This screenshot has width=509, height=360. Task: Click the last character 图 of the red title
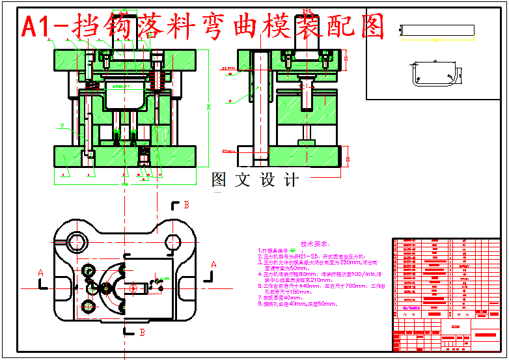pyautogui.click(x=372, y=27)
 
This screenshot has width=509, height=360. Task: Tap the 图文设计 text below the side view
pyautogui.click(x=255, y=180)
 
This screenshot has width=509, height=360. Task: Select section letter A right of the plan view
pyautogui.click(x=213, y=264)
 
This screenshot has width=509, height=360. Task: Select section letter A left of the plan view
pyautogui.click(x=41, y=272)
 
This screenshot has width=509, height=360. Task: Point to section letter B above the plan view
pyautogui.click(x=186, y=205)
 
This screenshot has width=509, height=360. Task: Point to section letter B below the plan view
pyautogui.click(x=142, y=333)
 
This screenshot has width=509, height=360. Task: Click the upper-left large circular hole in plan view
pyautogui.click(x=76, y=242)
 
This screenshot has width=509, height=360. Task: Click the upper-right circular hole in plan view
pyautogui.click(x=174, y=242)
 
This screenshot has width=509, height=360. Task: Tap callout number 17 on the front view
pyautogui.click(x=62, y=125)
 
